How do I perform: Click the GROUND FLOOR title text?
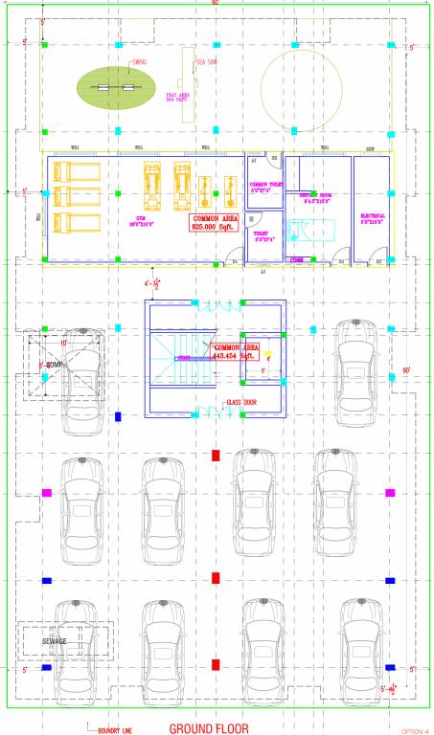pos(208,728)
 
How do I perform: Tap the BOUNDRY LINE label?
pos(115,729)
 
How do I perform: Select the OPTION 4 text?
pos(413,730)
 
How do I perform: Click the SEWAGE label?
pos(55,640)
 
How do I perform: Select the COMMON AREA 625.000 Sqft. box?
pos(216,223)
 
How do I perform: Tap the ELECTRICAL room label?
pos(373,217)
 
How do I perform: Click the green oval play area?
pos(116,87)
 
